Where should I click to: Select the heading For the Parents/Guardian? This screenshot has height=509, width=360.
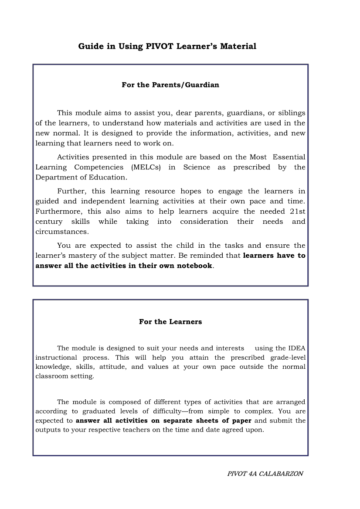pos(170,85)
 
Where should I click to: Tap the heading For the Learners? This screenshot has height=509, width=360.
pos(170,322)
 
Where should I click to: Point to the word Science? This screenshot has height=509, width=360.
pos(197,167)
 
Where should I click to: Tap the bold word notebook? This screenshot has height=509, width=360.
pos(194,266)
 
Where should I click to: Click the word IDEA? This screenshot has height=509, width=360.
pos(297,348)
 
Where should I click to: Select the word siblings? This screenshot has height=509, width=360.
pos(292,113)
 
